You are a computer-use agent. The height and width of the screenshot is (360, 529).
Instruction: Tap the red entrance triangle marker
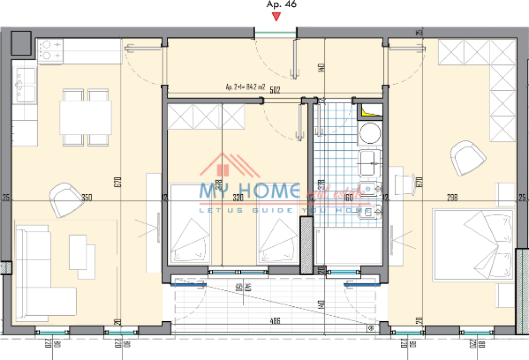point(276,17)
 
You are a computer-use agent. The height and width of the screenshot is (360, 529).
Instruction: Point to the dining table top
point(85,117)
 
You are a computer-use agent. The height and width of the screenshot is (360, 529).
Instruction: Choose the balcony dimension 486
point(275,321)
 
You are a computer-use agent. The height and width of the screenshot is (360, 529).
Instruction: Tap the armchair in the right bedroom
point(469,158)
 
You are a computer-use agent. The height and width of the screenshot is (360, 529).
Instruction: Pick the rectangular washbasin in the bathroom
point(369,164)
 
